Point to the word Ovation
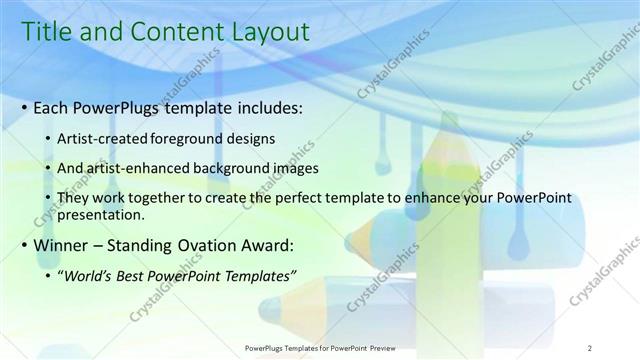[x=207, y=244]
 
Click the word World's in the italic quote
[x=89, y=275]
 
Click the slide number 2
[x=589, y=348]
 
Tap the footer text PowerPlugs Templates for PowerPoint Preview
[x=320, y=348]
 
